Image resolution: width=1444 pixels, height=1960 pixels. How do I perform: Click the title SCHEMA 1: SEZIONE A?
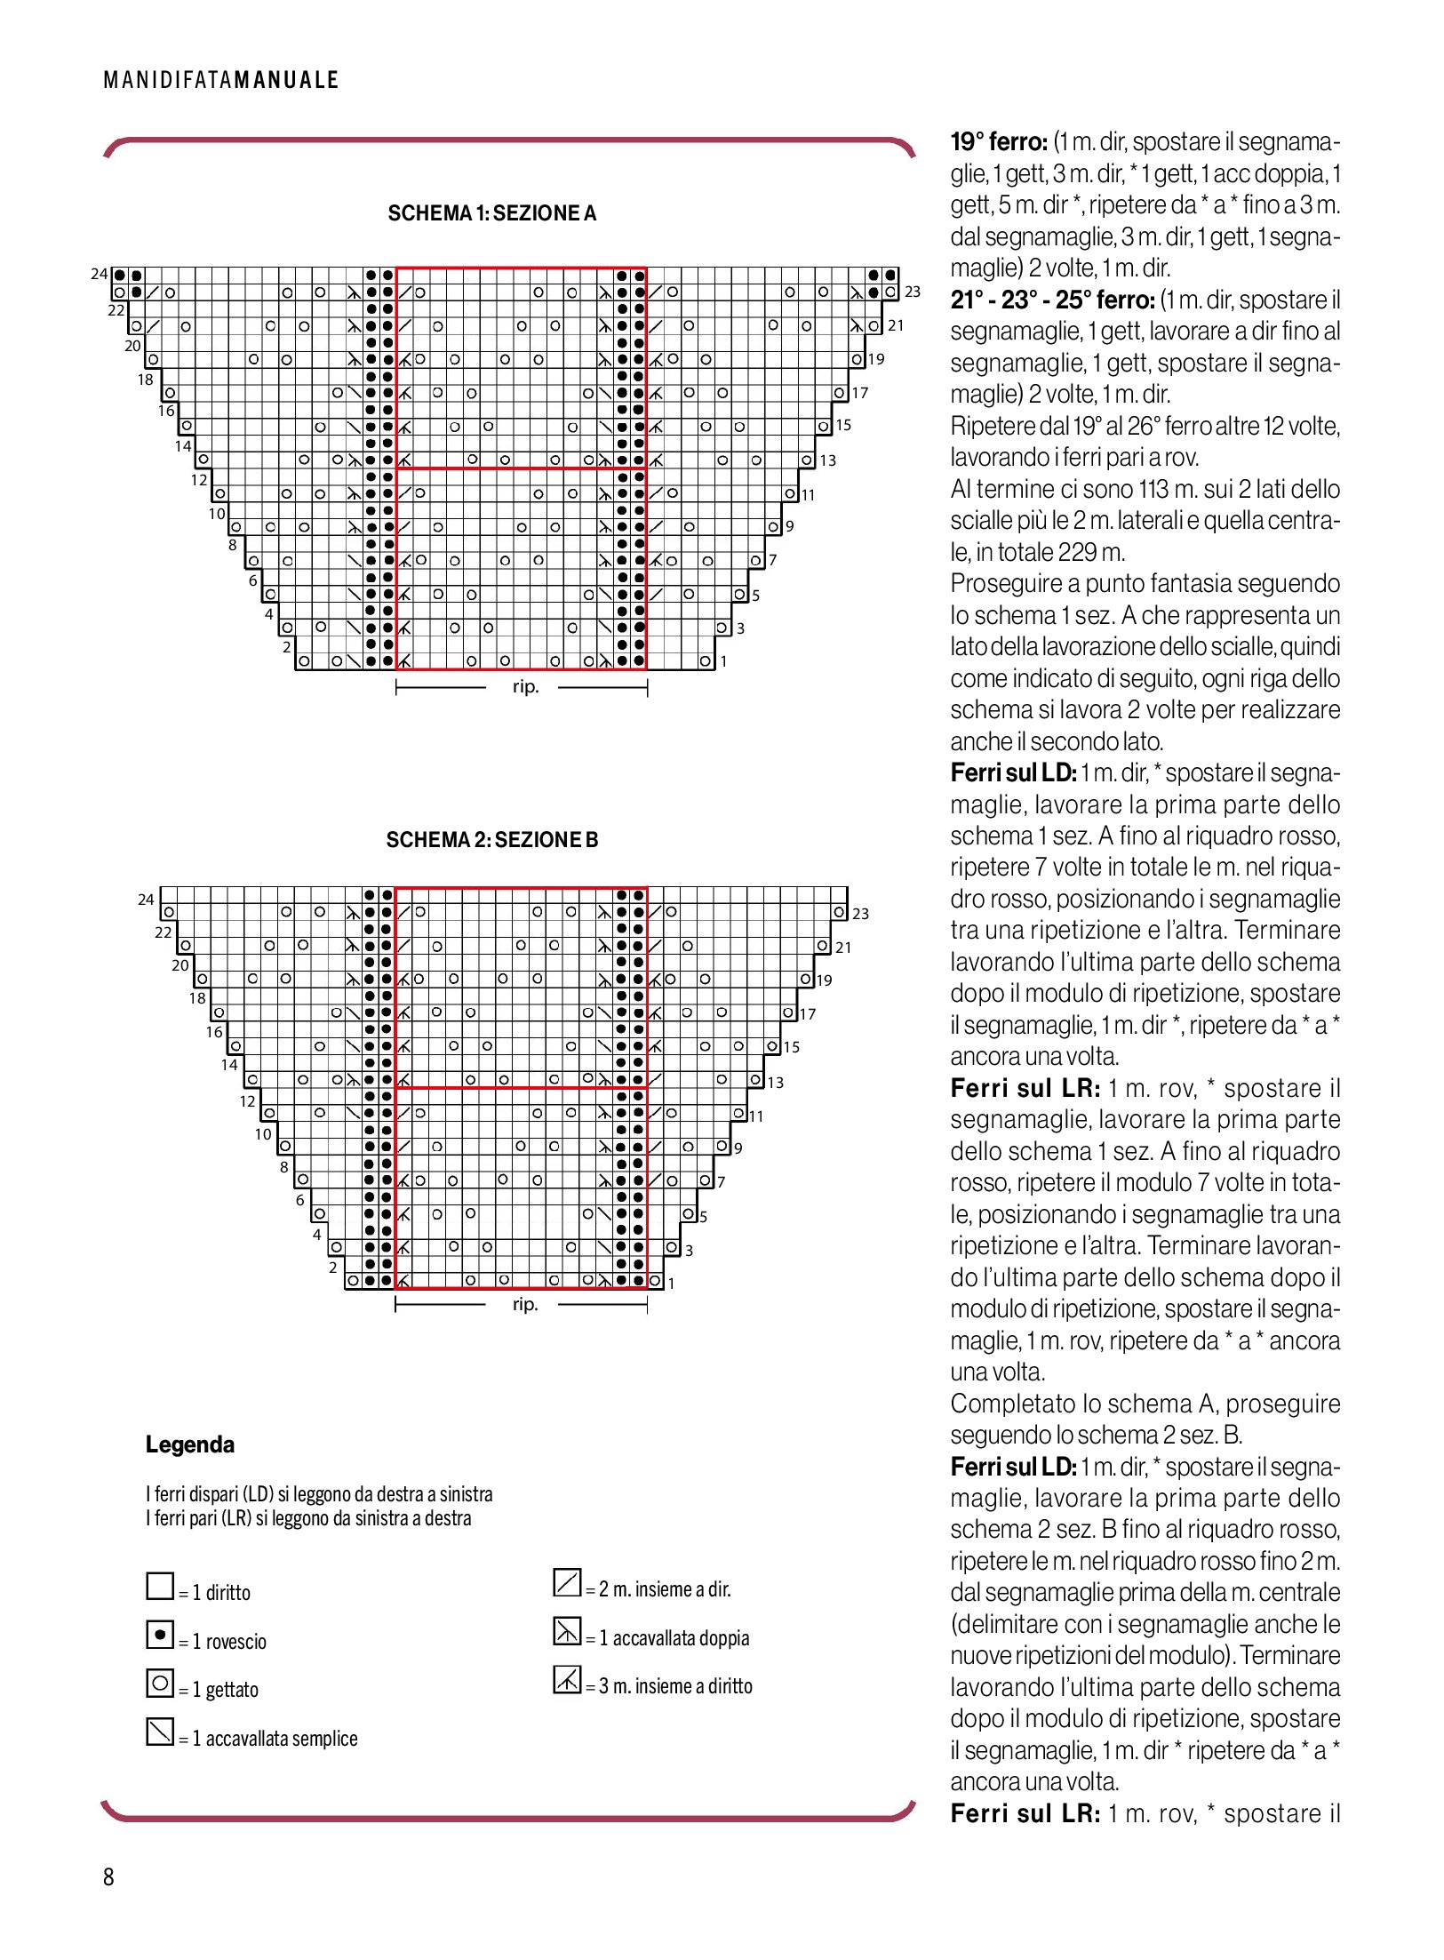click(x=491, y=213)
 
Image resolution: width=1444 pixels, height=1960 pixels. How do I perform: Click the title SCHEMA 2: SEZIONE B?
click(x=491, y=840)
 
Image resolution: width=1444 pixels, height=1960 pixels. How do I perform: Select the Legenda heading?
click(x=189, y=1444)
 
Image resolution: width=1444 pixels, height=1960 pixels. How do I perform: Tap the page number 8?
click(x=108, y=1876)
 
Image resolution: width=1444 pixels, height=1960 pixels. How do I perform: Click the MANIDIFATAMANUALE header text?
click(x=221, y=80)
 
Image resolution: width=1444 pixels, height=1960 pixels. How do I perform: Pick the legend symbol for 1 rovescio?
click(x=160, y=1634)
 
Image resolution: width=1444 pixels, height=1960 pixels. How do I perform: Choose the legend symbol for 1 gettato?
click(x=160, y=1683)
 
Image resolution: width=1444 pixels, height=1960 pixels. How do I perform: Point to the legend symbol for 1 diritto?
click(x=160, y=1586)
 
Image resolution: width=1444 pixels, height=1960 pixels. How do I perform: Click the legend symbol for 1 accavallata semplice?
click(x=160, y=1731)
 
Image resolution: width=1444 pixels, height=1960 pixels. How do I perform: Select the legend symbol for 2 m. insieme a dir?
click(x=567, y=1582)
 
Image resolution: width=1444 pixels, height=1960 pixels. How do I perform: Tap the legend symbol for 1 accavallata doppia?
click(x=567, y=1631)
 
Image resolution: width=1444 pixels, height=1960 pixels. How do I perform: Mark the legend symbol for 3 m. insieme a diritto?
click(x=567, y=1679)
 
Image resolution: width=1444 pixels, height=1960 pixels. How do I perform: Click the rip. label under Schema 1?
click(x=525, y=686)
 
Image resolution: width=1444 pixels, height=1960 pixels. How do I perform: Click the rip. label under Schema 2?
click(x=525, y=1304)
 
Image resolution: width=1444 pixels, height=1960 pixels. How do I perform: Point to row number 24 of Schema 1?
click(x=99, y=274)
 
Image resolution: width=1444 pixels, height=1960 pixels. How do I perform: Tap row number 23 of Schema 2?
click(x=860, y=914)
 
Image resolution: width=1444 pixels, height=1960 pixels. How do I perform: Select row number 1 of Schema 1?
click(x=724, y=661)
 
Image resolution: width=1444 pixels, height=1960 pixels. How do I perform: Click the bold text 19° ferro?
click(x=999, y=142)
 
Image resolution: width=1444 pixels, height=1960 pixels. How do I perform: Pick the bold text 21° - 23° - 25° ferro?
click(x=1052, y=300)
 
